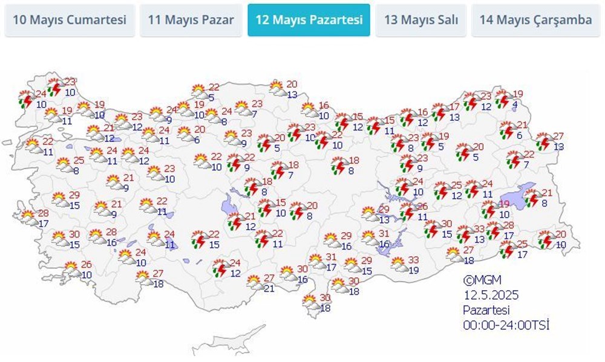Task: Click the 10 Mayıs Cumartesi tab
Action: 70,20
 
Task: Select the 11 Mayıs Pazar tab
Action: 191,20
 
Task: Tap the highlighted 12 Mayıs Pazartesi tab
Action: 309,20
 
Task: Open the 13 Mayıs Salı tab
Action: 420,20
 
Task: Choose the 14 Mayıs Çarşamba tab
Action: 535,20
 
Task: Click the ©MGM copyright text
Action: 483,280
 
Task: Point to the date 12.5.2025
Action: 492,296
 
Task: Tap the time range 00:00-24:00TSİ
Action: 506,326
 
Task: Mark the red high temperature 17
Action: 454,108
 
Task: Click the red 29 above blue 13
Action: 384,209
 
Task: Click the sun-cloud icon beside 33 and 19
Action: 398,265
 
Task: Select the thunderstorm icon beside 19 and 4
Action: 502,99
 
